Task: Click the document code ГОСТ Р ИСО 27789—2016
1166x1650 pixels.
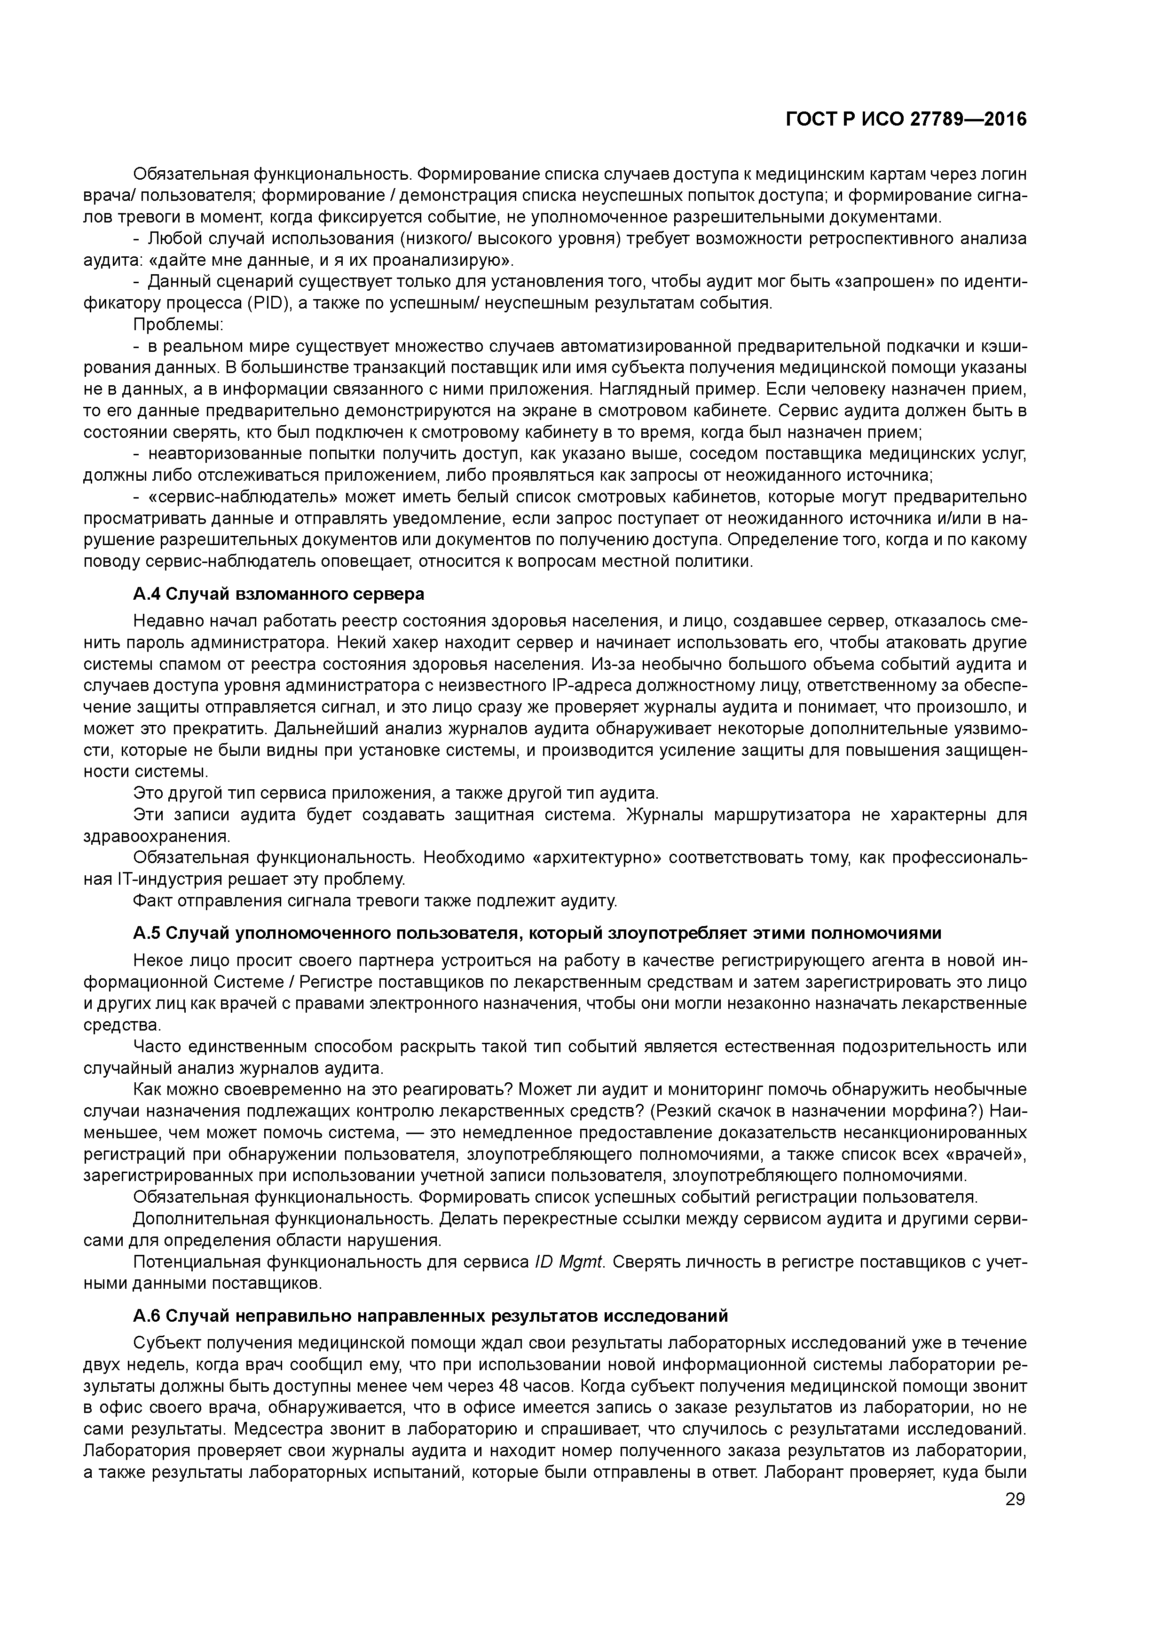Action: tap(905, 120)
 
